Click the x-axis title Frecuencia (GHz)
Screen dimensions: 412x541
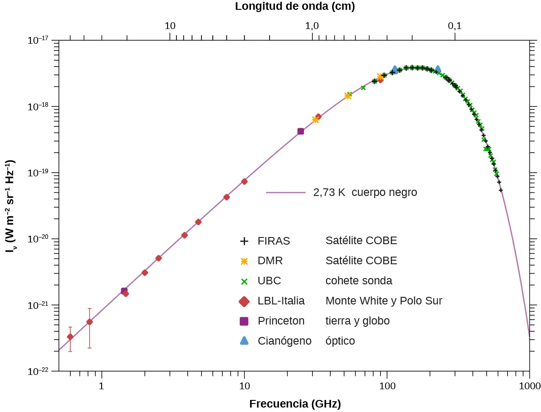point(295,404)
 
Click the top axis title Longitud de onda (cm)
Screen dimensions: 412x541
point(295,6)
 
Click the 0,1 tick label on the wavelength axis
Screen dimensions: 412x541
point(455,26)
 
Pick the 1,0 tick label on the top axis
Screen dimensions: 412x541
point(311,26)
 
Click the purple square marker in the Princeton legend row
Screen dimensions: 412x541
point(244,321)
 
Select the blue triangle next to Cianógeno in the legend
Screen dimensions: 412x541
point(244,341)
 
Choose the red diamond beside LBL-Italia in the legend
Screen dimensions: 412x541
point(244,301)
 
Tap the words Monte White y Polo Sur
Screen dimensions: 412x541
point(384,301)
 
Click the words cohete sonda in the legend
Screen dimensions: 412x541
point(359,281)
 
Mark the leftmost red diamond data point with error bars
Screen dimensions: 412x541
point(70,337)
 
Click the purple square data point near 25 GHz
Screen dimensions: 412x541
point(300,131)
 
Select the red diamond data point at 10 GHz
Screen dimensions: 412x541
point(244,181)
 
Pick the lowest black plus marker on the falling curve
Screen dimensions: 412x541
point(501,190)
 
